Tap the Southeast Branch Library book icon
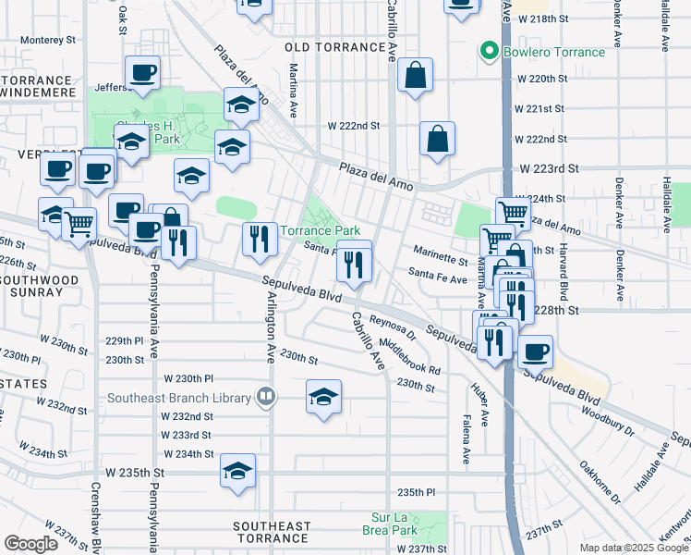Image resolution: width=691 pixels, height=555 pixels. pos(266,399)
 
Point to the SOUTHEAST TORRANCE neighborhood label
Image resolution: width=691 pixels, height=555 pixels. pos(271,532)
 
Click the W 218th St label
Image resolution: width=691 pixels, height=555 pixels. pos(541,18)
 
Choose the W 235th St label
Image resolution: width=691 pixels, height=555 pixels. pos(134,472)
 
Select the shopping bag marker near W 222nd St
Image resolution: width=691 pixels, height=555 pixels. pos(437,139)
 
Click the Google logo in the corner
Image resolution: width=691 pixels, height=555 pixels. pos(30,544)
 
